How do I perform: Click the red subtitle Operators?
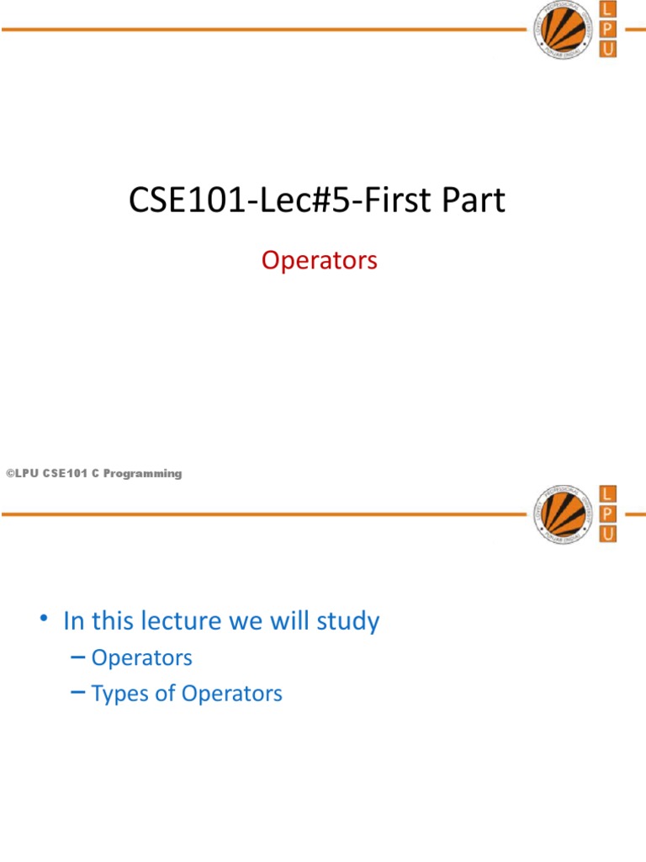(320, 261)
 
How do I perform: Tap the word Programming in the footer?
(147, 474)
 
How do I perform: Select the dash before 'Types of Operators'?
(79, 693)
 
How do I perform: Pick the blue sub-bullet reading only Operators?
(142, 657)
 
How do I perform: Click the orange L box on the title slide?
(607, 10)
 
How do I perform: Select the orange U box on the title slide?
(607, 49)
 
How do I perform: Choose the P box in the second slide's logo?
(607, 513)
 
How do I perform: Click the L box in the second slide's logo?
(607, 493)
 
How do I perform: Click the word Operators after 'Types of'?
(232, 694)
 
